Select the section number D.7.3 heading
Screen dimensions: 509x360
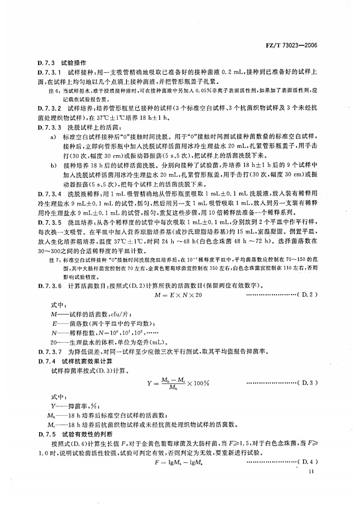coord(46,63)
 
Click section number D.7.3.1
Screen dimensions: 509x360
coord(49,72)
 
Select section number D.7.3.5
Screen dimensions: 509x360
coord(49,222)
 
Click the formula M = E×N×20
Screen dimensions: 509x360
coord(178,295)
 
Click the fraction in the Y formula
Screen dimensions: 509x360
coord(173,383)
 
